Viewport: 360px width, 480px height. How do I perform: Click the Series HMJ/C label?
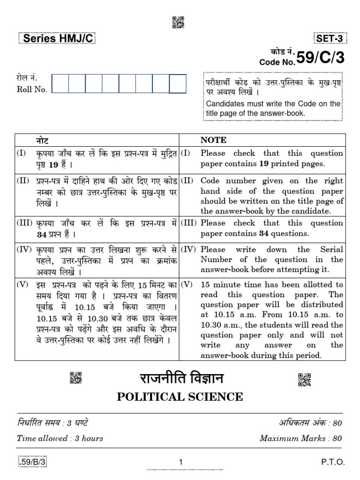pos(56,39)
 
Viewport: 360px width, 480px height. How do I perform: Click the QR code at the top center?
pos(178,22)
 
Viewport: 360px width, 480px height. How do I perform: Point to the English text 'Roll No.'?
pos(32,90)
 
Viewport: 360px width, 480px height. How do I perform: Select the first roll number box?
pos(60,84)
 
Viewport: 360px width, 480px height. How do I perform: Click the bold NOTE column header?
pos(213,140)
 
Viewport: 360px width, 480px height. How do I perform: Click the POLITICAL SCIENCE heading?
pos(180,397)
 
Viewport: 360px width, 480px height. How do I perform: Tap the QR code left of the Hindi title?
pos(76,378)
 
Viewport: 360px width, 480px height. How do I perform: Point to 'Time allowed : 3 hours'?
pos(60,438)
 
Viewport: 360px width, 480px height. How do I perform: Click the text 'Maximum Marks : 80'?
pos(300,438)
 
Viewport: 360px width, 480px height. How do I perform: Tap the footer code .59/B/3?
pos(34,462)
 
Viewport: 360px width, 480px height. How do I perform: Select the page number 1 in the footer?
pos(180,462)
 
